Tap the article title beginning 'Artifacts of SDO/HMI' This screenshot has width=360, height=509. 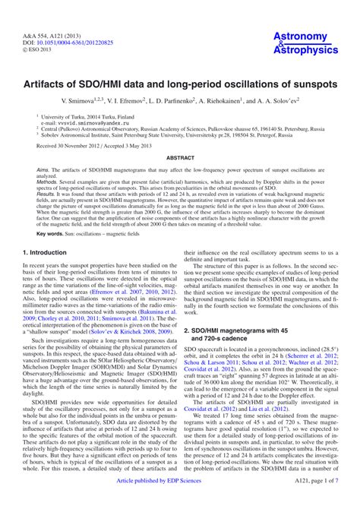pos(180,80)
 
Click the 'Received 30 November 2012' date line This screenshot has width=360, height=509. pos(85,144)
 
